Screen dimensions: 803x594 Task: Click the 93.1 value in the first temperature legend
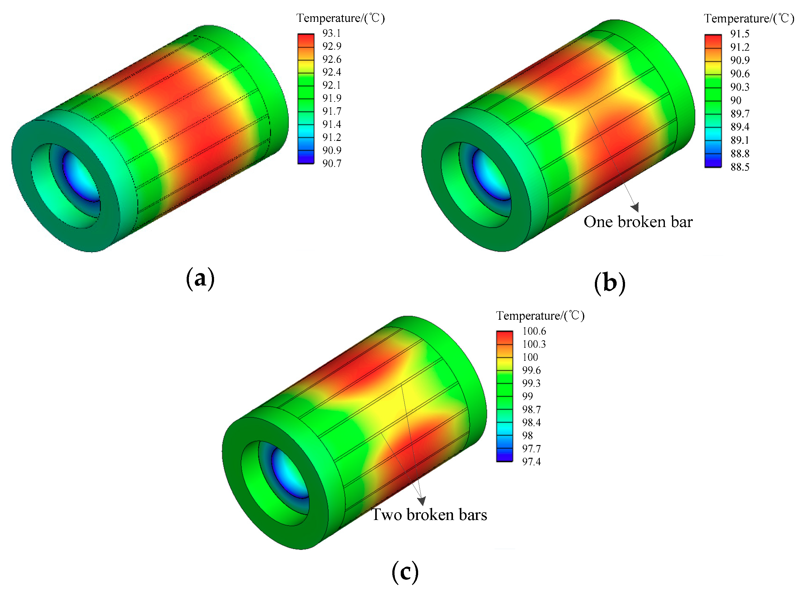331,33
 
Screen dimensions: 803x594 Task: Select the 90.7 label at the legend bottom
332,164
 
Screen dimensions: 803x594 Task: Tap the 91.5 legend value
740,34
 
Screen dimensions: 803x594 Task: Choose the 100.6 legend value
534,331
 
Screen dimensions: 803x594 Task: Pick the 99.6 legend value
531,370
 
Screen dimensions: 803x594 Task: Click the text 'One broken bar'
638,222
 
